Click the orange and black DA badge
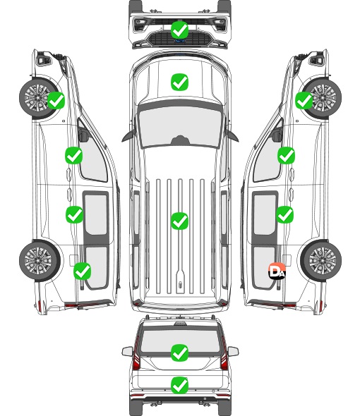(x=277, y=271)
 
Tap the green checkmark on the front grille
(x=179, y=30)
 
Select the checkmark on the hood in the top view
(x=179, y=82)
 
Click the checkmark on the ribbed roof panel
(x=179, y=221)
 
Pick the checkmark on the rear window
(x=179, y=353)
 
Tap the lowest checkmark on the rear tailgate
(x=179, y=385)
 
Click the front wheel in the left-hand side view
(x=39, y=97)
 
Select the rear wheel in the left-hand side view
(x=40, y=260)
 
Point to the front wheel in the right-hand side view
(x=322, y=97)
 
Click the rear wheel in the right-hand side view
(x=321, y=260)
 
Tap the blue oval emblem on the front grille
(x=180, y=41)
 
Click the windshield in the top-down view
(x=180, y=126)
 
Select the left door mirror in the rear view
(x=127, y=351)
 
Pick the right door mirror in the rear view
(x=233, y=351)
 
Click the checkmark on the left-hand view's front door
(x=74, y=155)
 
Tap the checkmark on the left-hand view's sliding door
(x=74, y=214)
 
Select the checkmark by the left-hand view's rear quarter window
(x=83, y=271)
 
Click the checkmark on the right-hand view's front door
(x=286, y=155)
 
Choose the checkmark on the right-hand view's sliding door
(x=284, y=214)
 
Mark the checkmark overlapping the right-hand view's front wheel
(x=304, y=101)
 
